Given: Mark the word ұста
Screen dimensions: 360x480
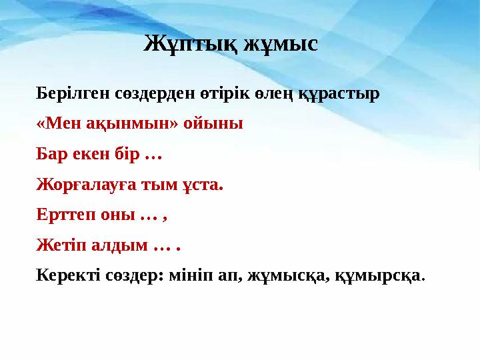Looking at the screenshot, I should coord(202,185).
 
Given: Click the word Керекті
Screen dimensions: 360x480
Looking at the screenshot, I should coord(67,275).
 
